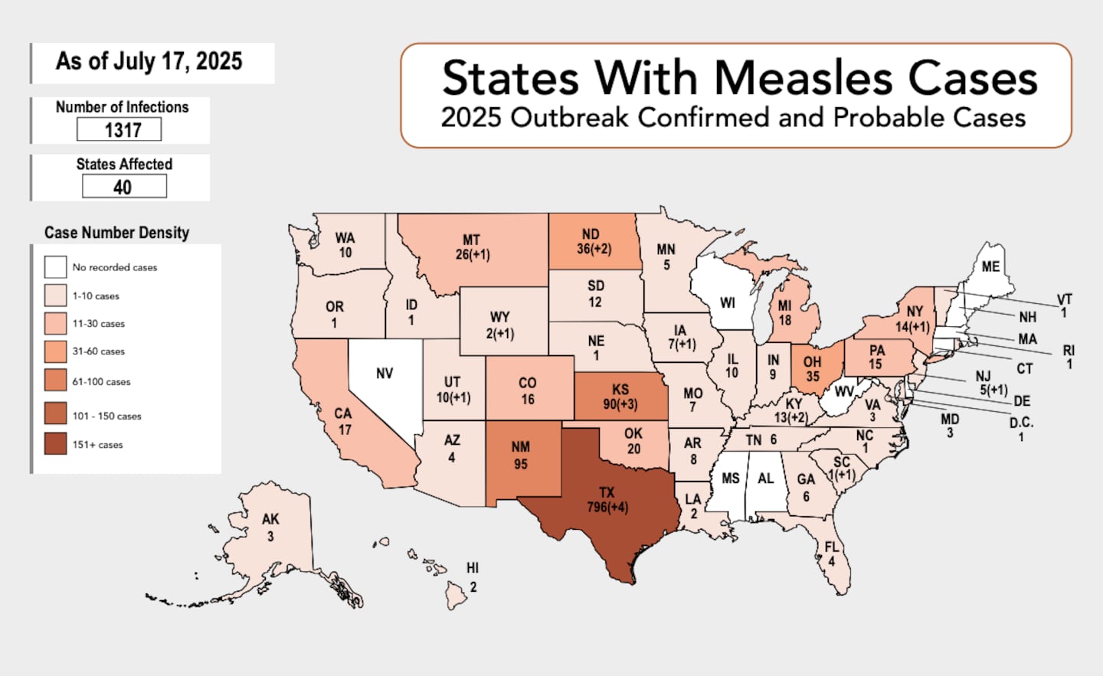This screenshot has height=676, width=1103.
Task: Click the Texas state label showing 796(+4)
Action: (607, 500)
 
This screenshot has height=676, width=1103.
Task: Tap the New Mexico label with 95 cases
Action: (521, 455)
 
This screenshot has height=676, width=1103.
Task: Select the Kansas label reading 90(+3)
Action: (620, 397)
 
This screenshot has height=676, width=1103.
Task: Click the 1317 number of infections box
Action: (119, 130)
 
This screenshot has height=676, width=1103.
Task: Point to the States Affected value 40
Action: (124, 187)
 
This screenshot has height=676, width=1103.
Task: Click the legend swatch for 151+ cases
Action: (55, 444)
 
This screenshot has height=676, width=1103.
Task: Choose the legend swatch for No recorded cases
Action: (55, 267)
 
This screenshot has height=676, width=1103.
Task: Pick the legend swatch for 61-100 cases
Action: (55, 380)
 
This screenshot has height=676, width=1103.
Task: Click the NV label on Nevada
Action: (385, 374)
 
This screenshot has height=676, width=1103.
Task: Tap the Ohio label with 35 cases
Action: (812, 368)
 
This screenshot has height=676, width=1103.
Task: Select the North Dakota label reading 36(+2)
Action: (594, 241)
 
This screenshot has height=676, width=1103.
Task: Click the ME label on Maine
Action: (990, 266)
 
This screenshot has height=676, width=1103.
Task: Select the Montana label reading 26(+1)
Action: (472, 247)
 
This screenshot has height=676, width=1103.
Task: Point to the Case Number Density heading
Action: (116, 233)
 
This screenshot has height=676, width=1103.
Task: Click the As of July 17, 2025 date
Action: (149, 61)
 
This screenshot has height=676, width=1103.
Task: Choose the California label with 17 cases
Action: (343, 421)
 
